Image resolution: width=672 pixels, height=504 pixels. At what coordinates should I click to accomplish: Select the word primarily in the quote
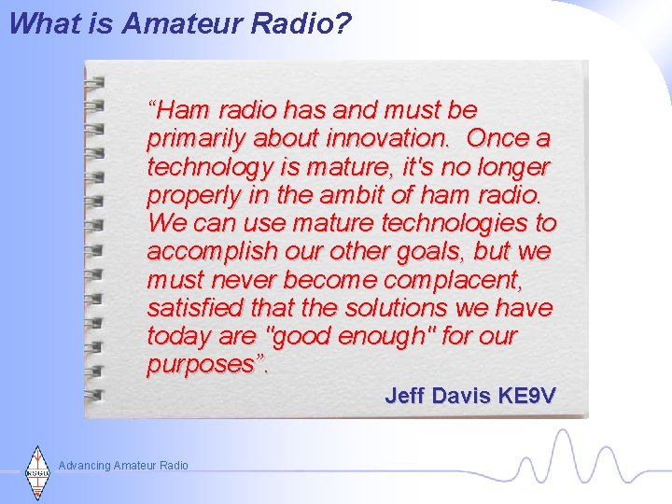193,140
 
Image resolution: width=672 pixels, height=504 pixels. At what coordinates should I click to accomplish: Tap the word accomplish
208,252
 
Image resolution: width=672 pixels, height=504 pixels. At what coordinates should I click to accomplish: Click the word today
176,336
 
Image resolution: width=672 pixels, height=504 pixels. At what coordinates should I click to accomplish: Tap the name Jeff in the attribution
409,396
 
